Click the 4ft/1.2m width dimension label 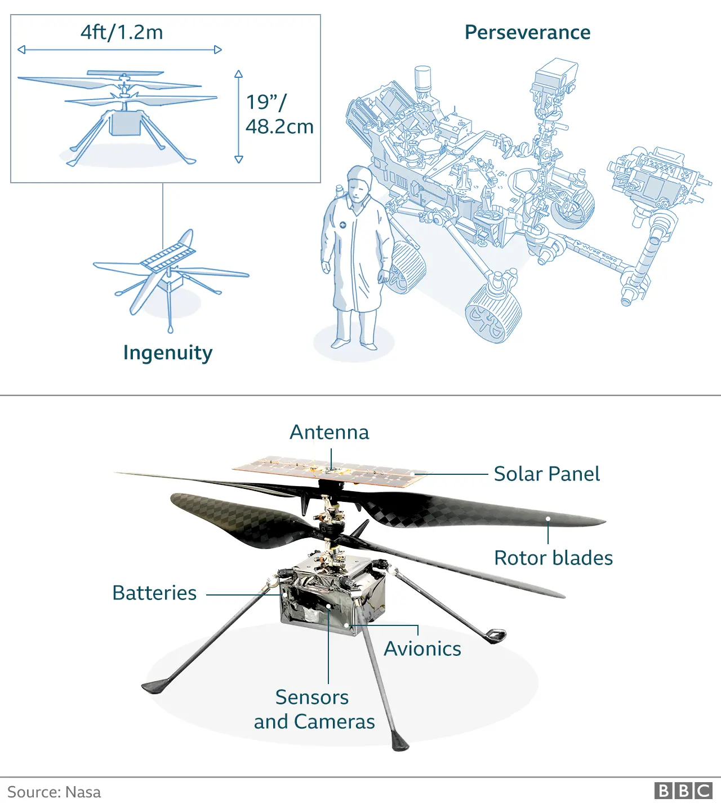click(x=122, y=32)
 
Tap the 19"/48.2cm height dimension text click(x=279, y=114)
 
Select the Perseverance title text click(x=527, y=33)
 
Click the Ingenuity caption click(x=168, y=353)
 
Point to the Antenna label click(x=330, y=433)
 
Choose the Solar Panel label click(x=546, y=474)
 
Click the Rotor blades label click(x=553, y=558)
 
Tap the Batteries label click(x=154, y=593)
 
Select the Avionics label click(x=422, y=649)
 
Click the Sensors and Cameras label click(x=314, y=710)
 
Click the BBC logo click(x=683, y=791)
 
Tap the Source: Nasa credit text click(x=54, y=792)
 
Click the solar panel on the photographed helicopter click(x=330, y=471)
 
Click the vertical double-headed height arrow click(x=239, y=117)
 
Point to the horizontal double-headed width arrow click(x=119, y=50)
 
